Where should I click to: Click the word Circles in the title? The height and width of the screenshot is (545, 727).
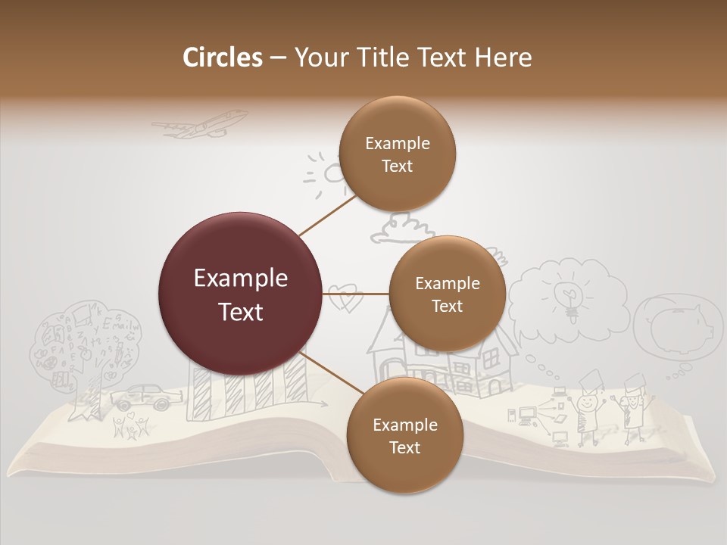pos(222,58)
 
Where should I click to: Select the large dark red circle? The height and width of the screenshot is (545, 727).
pos(241,294)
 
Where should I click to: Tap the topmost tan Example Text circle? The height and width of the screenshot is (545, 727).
pos(397,154)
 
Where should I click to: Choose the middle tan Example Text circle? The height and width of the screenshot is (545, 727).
pos(447,294)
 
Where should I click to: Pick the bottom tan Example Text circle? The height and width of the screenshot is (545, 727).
pos(404,435)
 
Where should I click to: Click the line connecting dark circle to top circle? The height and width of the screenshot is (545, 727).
pos(328,213)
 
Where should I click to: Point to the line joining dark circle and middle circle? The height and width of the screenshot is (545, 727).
pos(356,293)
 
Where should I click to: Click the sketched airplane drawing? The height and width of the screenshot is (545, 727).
pos(201,125)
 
